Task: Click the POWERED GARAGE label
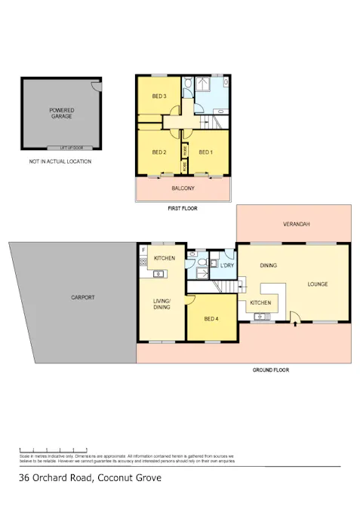pyautogui.click(x=61, y=113)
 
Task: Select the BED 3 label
pyautogui.click(x=158, y=96)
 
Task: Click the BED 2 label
pyautogui.click(x=158, y=152)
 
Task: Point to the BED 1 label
pyautogui.click(x=205, y=152)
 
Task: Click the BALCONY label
pyautogui.click(x=183, y=188)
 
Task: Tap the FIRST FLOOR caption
pyautogui.click(x=183, y=208)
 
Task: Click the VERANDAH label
pyautogui.click(x=296, y=225)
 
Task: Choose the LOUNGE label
pyautogui.click(x=318, y=284)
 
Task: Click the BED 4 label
pyautogui.click(x=211, y=318)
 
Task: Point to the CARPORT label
pyautogui.click(x=82, y=298)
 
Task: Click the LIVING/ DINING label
pyautogui.click(x=162, y=304)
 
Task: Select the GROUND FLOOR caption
pyautogui.click(x=271, y=370)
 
